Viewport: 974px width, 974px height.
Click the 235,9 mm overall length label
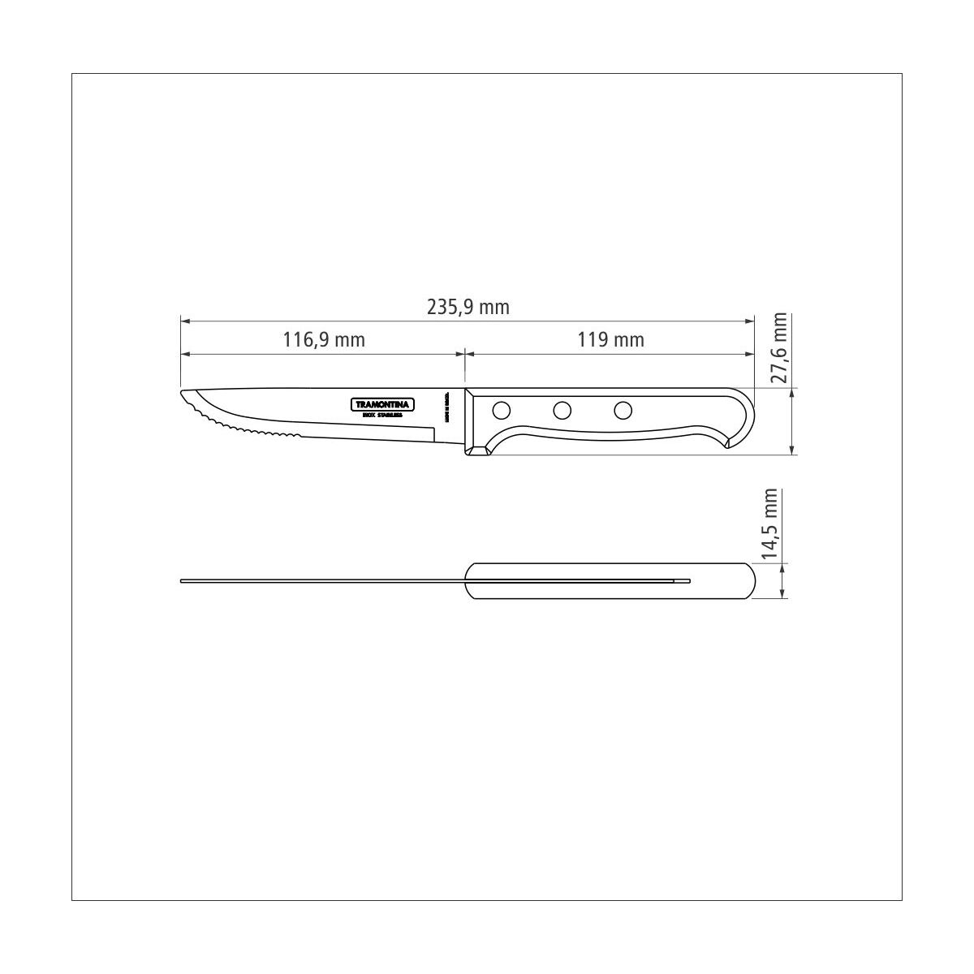tap(468, 308)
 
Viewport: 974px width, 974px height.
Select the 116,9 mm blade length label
tap(324, 339)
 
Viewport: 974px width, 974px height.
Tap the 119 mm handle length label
tap(611, 339)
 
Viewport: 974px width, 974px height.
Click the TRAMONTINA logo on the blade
tap(383, 404)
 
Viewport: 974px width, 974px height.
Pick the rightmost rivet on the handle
tap(623, 410)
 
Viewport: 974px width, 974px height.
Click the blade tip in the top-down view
tap(182, 580)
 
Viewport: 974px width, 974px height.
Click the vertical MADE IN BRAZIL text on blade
tap(447, 407)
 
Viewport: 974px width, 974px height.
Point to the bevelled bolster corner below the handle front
tap(479, 448)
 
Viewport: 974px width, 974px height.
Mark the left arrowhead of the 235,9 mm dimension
tap(183, 322)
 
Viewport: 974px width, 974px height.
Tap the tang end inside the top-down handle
tap(688, 580)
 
